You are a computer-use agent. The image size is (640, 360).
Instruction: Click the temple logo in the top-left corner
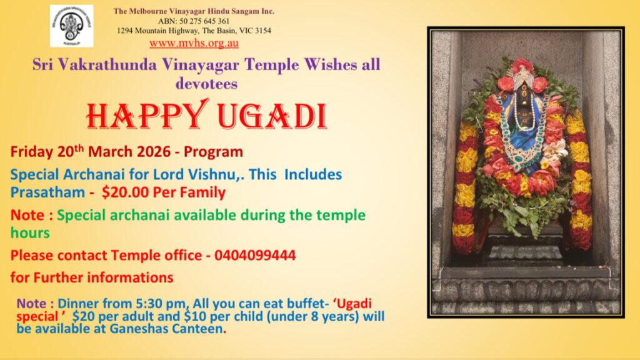click(x=71, y=26)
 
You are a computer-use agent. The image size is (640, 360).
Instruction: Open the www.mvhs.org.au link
click(x=194, y=43)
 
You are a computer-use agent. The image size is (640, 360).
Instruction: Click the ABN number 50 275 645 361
click(x=204, y=21)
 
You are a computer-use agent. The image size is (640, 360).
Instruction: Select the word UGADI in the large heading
click(x=272, y=116)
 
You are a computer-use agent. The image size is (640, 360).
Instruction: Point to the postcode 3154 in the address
click(x=263, y=31)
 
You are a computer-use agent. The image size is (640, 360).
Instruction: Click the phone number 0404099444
click(x=255, y=255)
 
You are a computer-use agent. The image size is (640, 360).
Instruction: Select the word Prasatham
click(x=47, y=192)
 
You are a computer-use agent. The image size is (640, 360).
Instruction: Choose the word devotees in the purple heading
click(x=206, y=84)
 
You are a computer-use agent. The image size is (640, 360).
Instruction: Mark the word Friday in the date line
click(x=32, y=152)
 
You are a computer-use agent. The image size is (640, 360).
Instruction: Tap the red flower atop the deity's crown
click(x=522, y=64)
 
